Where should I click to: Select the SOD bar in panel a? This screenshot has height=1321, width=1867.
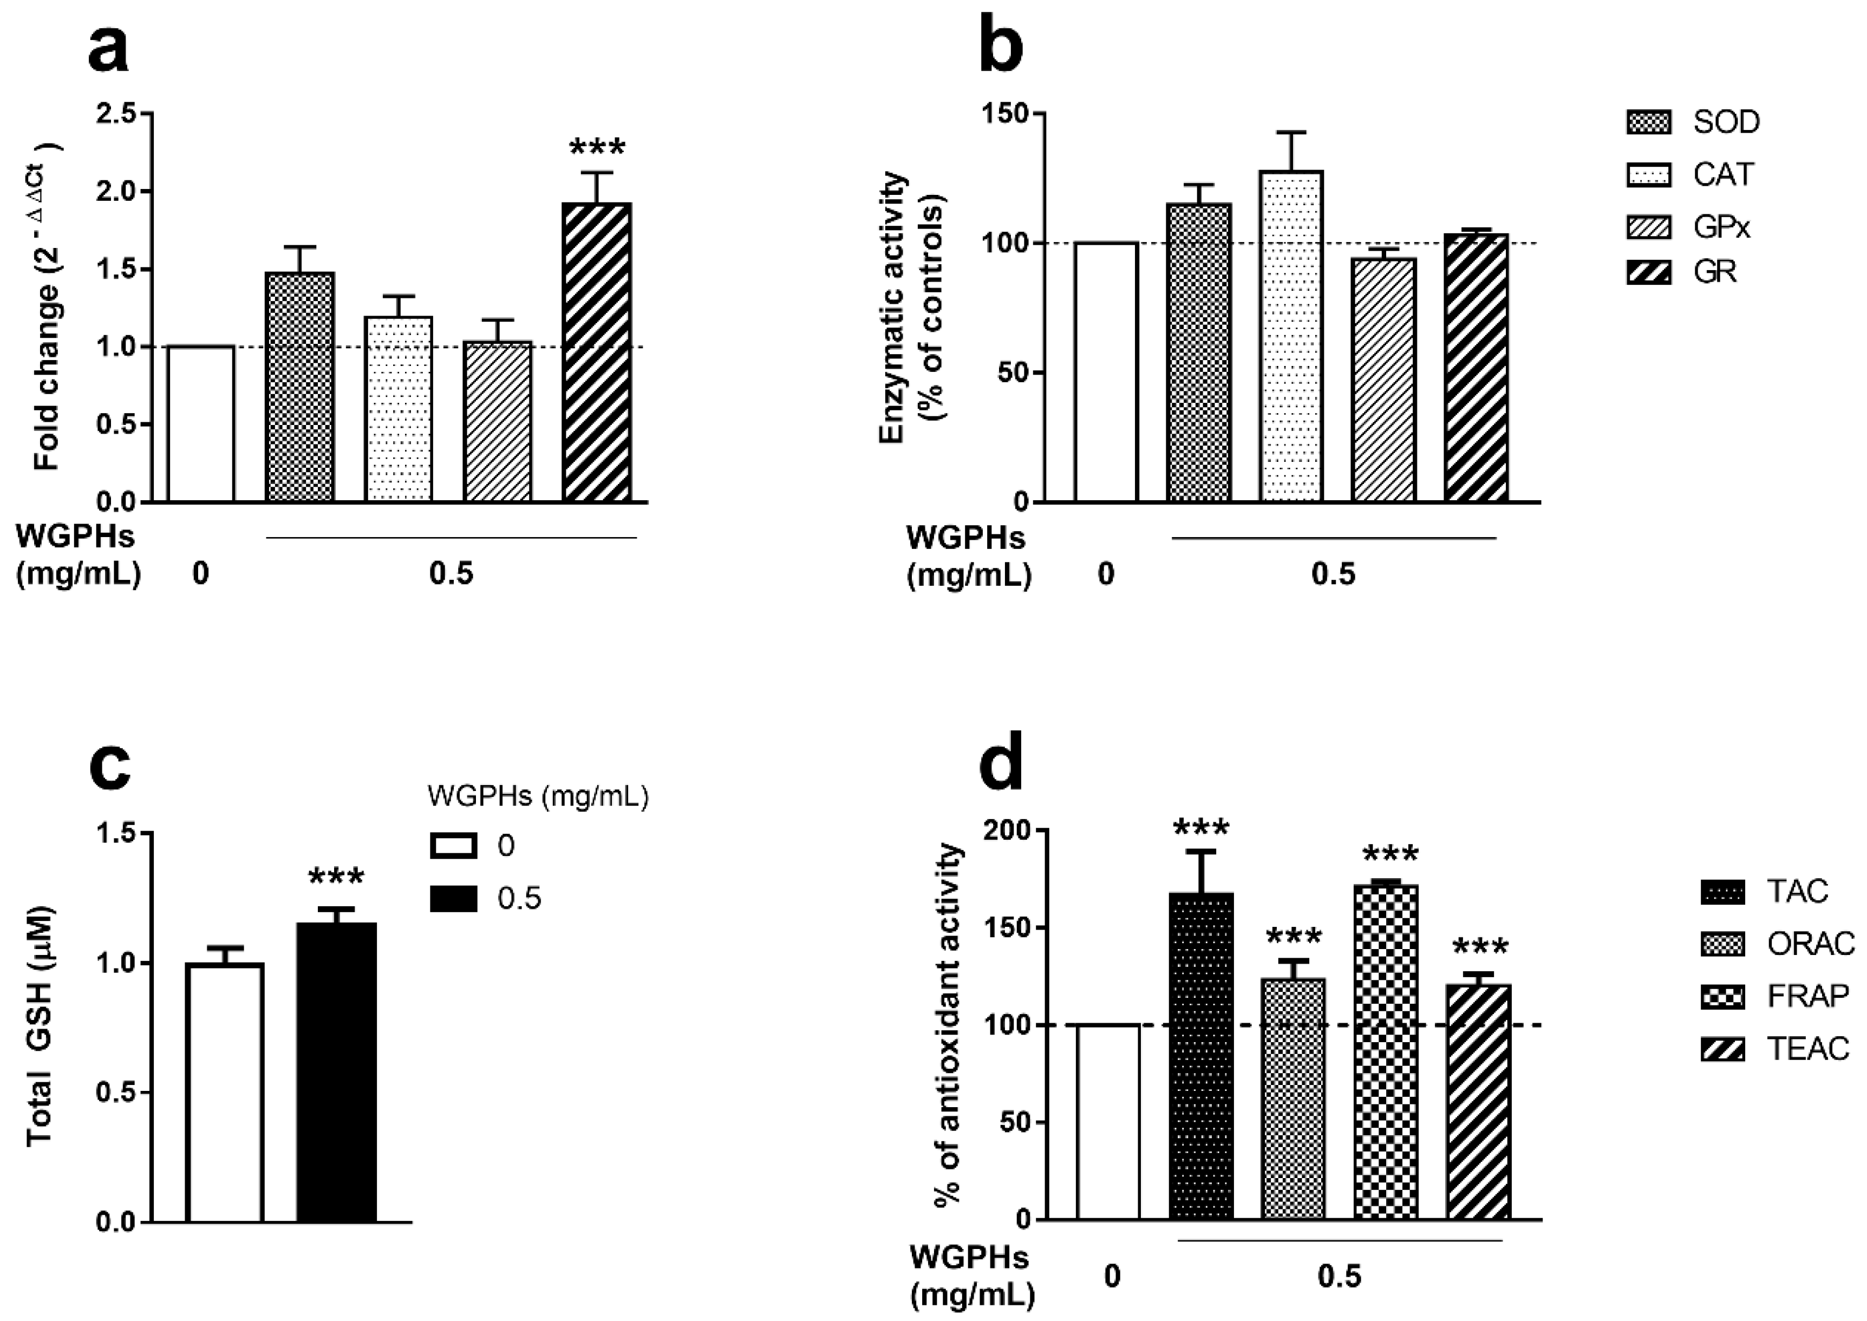[300, 387]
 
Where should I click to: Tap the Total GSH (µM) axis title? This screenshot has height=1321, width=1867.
[41, 1026]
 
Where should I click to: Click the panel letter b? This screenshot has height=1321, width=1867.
[1003, 47]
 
